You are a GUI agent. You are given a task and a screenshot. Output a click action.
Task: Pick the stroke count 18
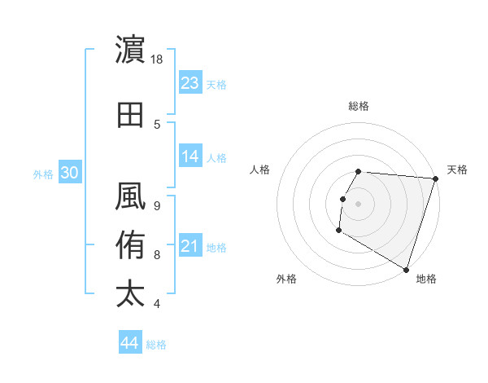point(158,59)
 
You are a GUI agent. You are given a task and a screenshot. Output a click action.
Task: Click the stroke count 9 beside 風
point(157,205)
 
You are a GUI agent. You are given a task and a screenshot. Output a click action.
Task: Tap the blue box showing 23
point(190,82)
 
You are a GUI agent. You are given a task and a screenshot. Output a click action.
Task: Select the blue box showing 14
point(190,156)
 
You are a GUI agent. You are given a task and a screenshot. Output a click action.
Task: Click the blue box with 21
point(190,246)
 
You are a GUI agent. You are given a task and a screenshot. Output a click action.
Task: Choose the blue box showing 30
point(69,172)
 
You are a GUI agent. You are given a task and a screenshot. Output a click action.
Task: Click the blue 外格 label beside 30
point(43,174)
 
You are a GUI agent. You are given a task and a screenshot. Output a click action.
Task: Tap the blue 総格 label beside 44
point(156,345)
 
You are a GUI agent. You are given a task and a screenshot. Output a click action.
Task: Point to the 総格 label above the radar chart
point(358,106)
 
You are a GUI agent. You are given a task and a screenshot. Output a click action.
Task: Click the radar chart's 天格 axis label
point(457,169)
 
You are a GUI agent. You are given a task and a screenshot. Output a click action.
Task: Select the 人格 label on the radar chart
point(260,169)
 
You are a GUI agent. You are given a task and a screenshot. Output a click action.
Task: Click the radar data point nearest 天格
point(435,178)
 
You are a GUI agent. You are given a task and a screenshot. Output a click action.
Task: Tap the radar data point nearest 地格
point(405,269)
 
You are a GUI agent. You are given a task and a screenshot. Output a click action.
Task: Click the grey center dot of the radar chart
point(358,204)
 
